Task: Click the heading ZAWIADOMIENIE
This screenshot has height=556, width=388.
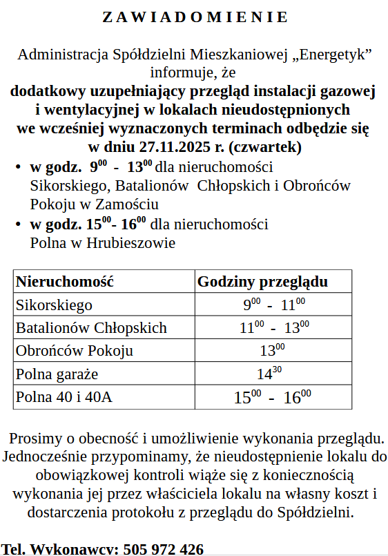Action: click(x=195, y=17)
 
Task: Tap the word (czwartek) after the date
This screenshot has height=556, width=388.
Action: click(x=266, y=146)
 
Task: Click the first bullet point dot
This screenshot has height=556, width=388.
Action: click(x=17, y=168)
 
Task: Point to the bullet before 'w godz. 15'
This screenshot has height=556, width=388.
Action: click(x=17, y=225)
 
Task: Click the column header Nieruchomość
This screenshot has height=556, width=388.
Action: click(x=64, y=282)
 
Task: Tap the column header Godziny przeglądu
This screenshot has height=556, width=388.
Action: click(x=262, y=282)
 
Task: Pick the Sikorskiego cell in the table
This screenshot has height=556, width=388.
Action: click(x=54, y=305)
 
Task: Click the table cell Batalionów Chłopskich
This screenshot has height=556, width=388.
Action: click(x=91, y=327)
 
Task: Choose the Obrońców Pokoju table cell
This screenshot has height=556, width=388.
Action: click(x=75, y=350)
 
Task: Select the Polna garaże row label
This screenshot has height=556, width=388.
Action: click(x=57, y=374)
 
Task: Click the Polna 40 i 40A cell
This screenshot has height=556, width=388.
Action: click(x=64, y=397)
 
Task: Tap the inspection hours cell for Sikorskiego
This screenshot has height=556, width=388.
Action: click(x=273, y=305)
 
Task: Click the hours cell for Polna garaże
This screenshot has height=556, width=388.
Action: click(x=270, y=374)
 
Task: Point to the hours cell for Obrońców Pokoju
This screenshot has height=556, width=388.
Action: click(x=272, y=350)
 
